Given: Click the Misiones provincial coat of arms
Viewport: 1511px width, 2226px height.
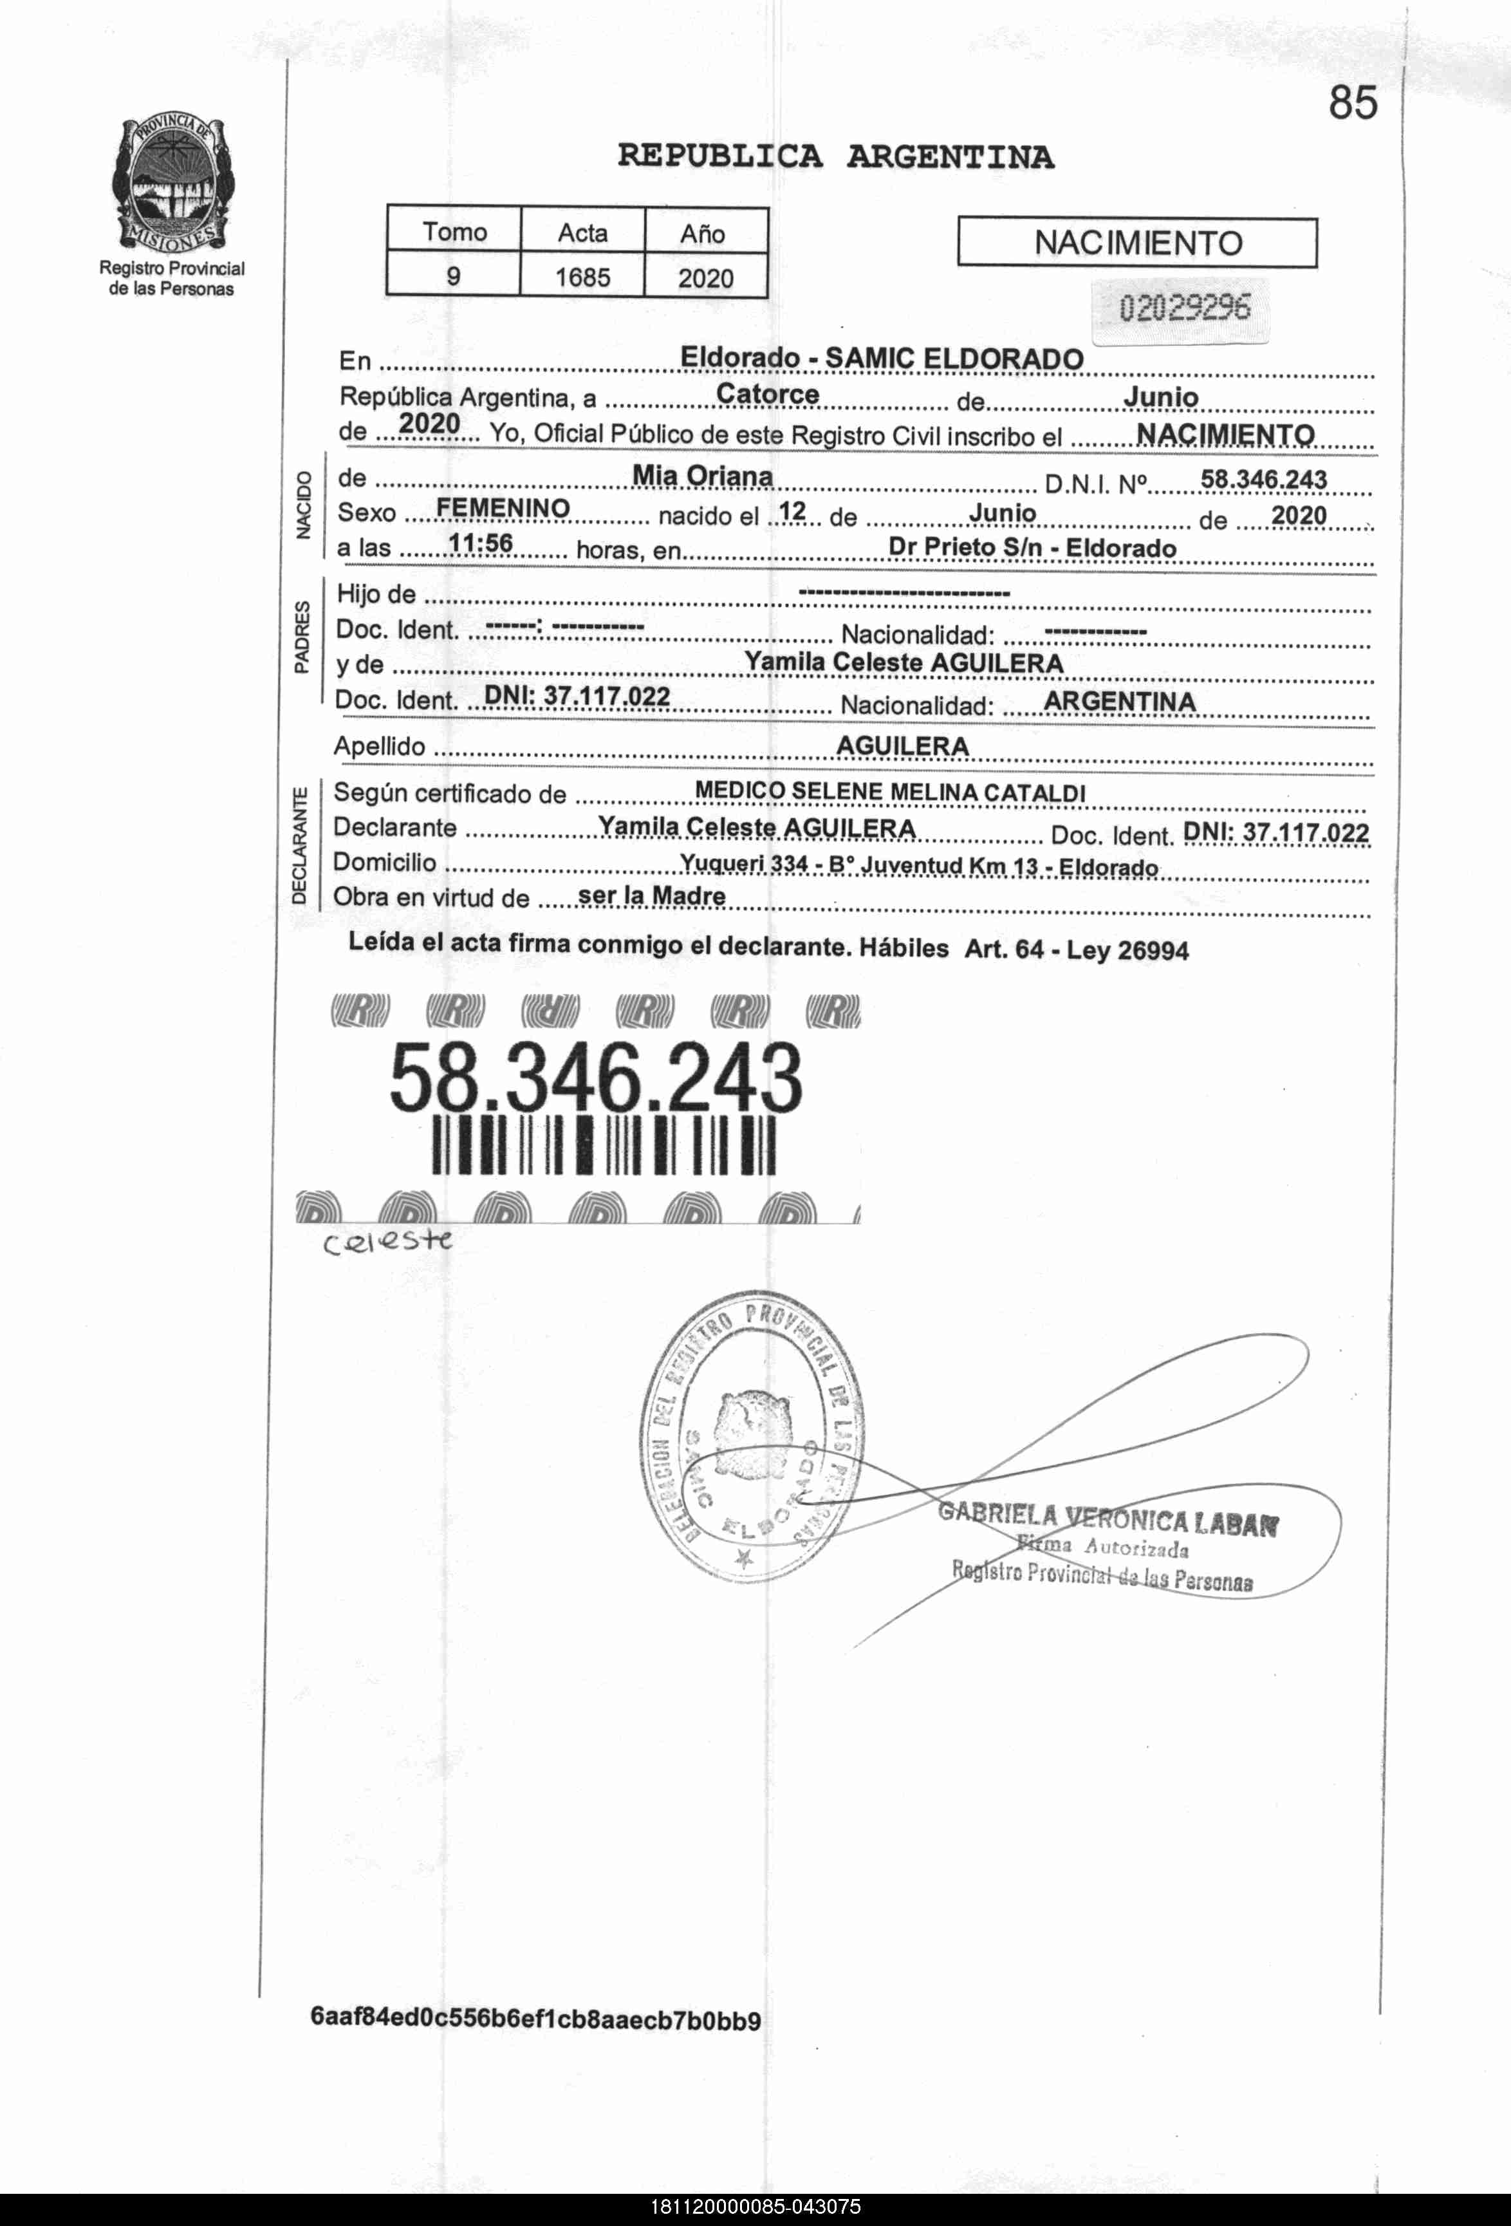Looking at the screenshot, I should tap(171, 184).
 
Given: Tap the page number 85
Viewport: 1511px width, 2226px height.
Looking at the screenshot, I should tap(1352, 102).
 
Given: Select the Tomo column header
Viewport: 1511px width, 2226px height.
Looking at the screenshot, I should tap(454, 232).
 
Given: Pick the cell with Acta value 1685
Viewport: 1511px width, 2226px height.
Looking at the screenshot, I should tap(582, 277).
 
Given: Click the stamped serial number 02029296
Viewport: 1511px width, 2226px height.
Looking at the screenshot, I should tap(1185, 308).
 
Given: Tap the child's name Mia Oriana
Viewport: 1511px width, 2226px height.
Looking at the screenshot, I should tap(702, 476).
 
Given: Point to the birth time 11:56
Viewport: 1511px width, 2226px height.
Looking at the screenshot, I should tap(481, 543).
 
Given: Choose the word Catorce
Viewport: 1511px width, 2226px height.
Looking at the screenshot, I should tap(767, 394).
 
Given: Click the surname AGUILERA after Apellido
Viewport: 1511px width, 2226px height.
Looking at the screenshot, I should tap(902, 745).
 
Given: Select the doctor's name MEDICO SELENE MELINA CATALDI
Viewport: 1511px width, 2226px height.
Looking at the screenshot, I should tap(889, 792).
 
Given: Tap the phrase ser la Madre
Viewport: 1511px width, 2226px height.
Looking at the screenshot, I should tap(652, 895).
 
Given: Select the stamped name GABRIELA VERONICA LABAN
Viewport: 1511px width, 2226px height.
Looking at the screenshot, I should tap(1108, 1518).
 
